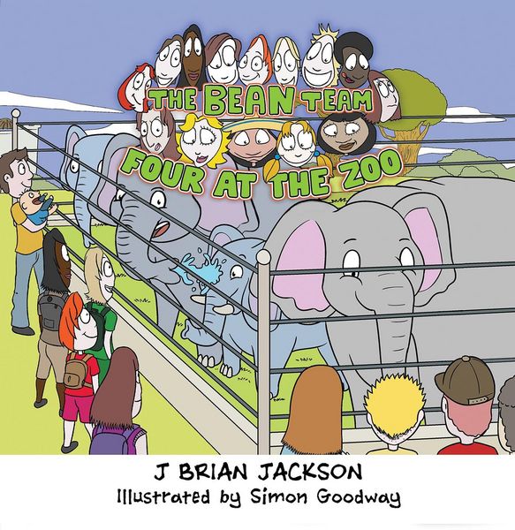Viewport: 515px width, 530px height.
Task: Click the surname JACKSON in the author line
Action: tap(310, 473)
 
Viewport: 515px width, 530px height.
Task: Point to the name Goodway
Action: tap(359, 498)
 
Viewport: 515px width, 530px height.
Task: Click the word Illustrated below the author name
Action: tap(163, 496)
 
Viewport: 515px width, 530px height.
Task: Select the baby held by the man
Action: tap(36, 208)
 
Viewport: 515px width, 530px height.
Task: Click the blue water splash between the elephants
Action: tap(200, 267)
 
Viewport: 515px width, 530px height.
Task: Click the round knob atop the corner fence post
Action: tap(263, 258)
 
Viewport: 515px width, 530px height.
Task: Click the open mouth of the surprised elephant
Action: tap(162, 230)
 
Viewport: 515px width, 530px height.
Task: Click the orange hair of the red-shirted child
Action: tap(71, 322)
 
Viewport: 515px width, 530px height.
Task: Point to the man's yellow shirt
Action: tap(24, 230)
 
